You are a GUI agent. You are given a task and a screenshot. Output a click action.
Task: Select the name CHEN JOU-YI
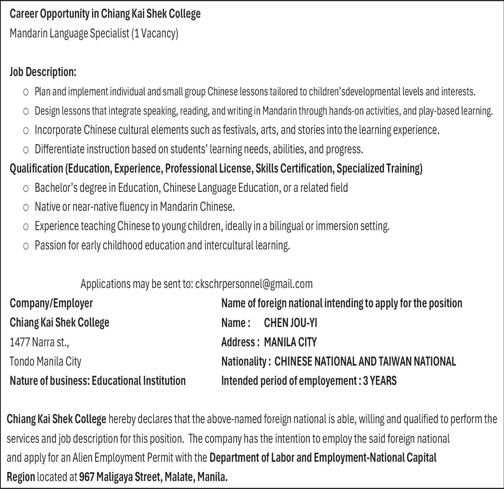[290, 323]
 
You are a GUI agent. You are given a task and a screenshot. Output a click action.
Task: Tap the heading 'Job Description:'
[43, 72]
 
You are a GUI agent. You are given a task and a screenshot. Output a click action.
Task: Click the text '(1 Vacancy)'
[154, 34]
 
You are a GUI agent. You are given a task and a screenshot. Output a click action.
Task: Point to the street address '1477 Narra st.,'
[39, 342]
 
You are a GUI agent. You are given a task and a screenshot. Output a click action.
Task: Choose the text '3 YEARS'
[380, 381]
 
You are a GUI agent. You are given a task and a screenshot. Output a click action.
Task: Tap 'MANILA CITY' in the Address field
[290, 342]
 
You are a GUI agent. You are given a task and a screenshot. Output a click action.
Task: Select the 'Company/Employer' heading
[51, 304]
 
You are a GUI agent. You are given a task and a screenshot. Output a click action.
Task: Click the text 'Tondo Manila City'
[46, 361]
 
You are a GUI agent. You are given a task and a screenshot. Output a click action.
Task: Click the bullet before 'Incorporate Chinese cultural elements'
[26, 130]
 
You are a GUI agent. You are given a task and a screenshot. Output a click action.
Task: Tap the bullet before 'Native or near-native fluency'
[26, 207]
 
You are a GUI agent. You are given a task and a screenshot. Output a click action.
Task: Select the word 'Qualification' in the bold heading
[36, 169]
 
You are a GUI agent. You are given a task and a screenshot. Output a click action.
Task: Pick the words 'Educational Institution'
[139, 381]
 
